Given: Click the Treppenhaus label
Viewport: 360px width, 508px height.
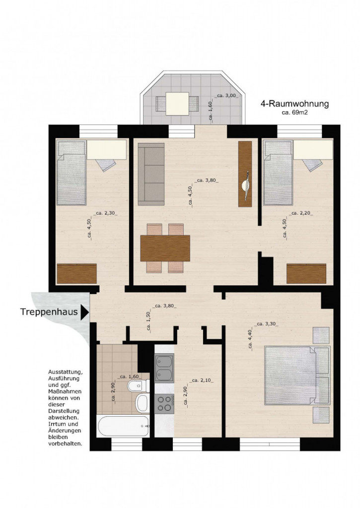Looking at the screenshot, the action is pyautogui.click(x=49, y=312).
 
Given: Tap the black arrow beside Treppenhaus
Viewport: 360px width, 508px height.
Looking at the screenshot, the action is pyautogui.click(x=84, y=312).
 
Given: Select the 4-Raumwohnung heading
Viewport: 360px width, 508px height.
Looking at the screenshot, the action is pyautogui.click(x=294, y=104).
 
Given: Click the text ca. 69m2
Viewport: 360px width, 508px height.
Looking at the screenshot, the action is pyautogui.click(x=294, y=113).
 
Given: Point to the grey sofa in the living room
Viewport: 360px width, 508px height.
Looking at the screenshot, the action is pyautogui.click(x=151, y=174).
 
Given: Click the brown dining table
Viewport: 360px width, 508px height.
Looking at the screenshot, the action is pyautogui.click(x=165, y=248).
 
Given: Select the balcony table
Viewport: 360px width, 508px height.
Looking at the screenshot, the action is pyautogui.click(x=177, y=104).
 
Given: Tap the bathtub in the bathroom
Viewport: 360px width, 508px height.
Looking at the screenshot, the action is pyautogui.click(x=123, y=426).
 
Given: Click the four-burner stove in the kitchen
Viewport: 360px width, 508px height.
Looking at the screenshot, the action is pyautogui.click(x=164, y=403).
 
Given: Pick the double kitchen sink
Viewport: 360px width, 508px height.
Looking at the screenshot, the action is pyautogui.click(x=164, y=368).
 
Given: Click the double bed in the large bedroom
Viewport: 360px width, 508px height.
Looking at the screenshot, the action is pyautogui.click(x=297, y=376).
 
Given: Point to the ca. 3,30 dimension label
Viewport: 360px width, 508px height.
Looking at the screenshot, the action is pyautogui.click(x=266, y=323).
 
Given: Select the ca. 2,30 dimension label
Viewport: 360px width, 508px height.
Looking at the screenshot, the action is pyautogui.click(x=105, y=213).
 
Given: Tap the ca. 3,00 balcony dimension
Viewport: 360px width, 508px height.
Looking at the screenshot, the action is pyautogui.click(x=227, y=96).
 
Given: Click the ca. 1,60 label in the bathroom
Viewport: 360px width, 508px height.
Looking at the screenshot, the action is pyautogui.click(x=129, y=377).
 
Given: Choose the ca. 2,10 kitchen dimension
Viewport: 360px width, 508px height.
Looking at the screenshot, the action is pyautogui.click(x=202, y=381).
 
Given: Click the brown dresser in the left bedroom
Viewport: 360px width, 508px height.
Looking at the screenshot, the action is pyautogui.click(x=77, y=274).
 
